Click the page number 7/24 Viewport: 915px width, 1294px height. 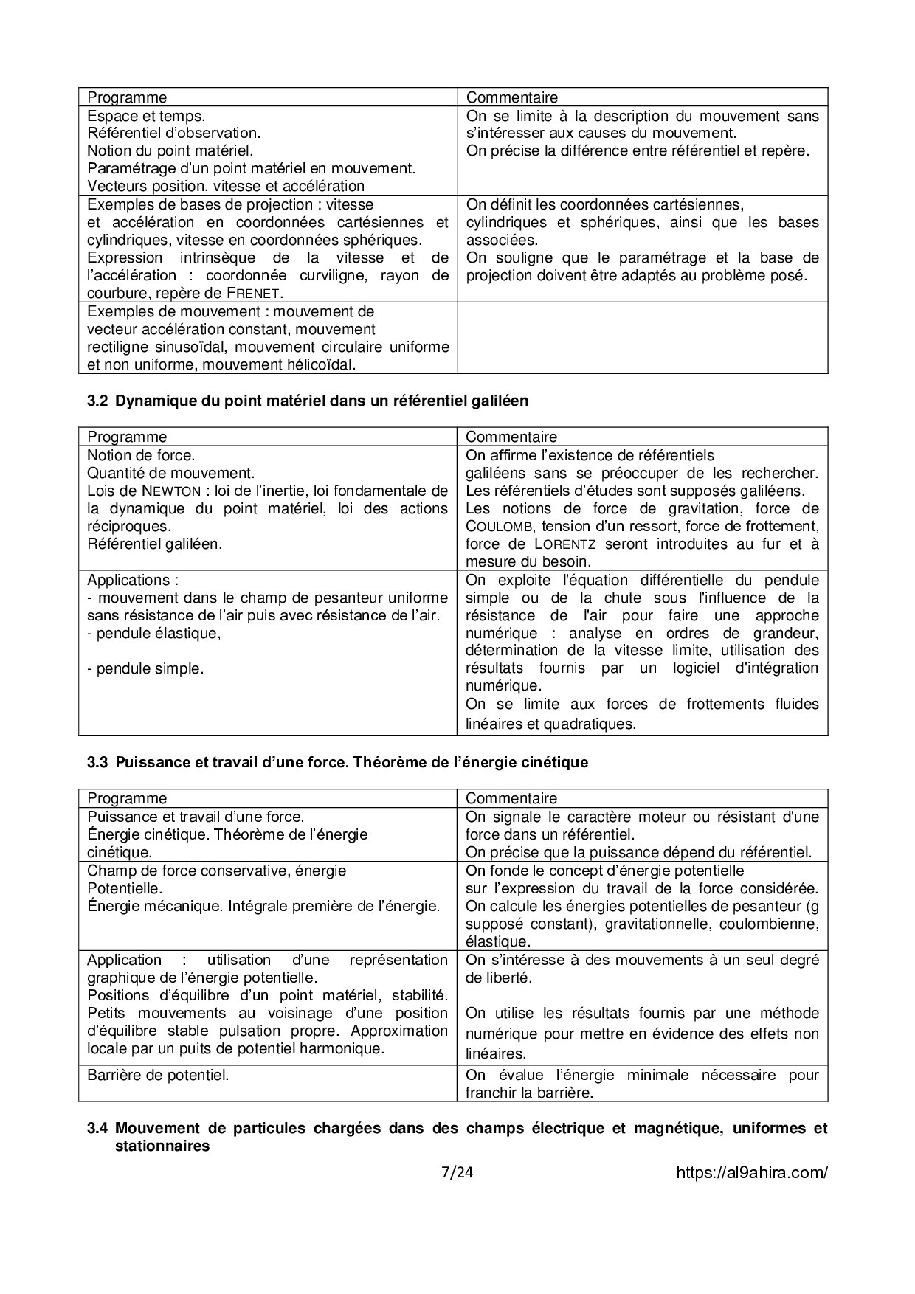(x=456, y=1172)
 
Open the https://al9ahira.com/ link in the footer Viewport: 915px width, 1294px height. (x=751, y=1173)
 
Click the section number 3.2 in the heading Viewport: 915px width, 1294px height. (x=97, y=401)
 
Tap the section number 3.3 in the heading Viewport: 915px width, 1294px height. (x=97, y=762)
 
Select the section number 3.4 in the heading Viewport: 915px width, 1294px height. (x=97, y=1128)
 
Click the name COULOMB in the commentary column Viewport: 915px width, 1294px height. (x=500, y=527)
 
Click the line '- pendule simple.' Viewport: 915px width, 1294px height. (x=145, y=668)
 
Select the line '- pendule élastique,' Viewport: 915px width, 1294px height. (x=153, y=633)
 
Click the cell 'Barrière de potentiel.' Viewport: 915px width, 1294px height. (x=158, y=1075)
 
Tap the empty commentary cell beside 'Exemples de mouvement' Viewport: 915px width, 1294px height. (x=642, y=338)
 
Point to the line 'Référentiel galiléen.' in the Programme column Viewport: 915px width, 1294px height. (x=154, y=544)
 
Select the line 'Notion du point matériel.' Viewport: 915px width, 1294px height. (x=170, y=150)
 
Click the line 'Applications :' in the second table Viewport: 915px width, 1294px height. (x=133, y=580)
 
